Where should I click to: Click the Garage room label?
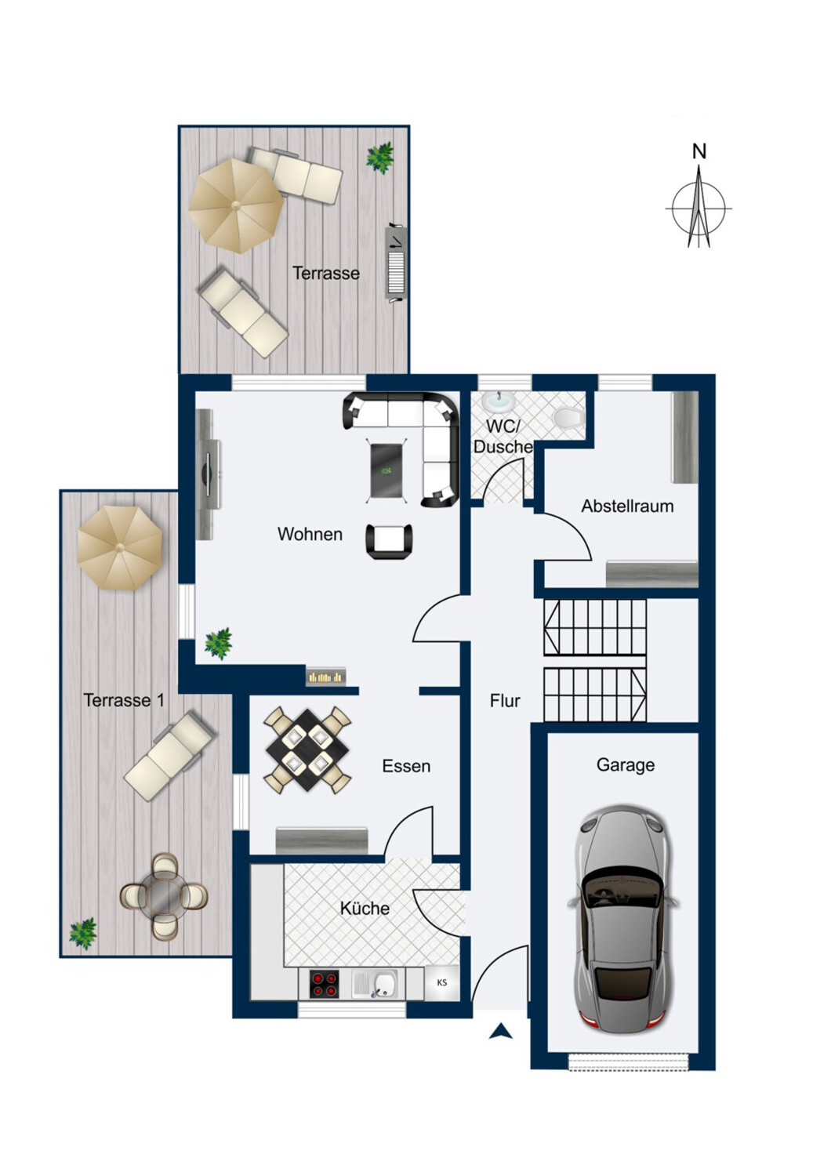point(626,766)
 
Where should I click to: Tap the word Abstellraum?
point(627,506)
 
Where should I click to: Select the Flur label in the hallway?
point(504,701)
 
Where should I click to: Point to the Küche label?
point(365,908)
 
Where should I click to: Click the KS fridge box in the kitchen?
point(441,982)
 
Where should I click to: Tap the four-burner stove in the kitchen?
point(324,984)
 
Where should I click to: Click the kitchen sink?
point(378,983)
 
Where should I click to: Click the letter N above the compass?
point(699,151)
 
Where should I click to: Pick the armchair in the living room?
point(389,541)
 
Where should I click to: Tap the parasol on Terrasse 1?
point(120,547)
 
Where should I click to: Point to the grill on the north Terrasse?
point(396,263)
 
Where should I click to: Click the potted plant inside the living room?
point(219,643)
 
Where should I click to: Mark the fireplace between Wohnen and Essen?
point(326,676)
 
